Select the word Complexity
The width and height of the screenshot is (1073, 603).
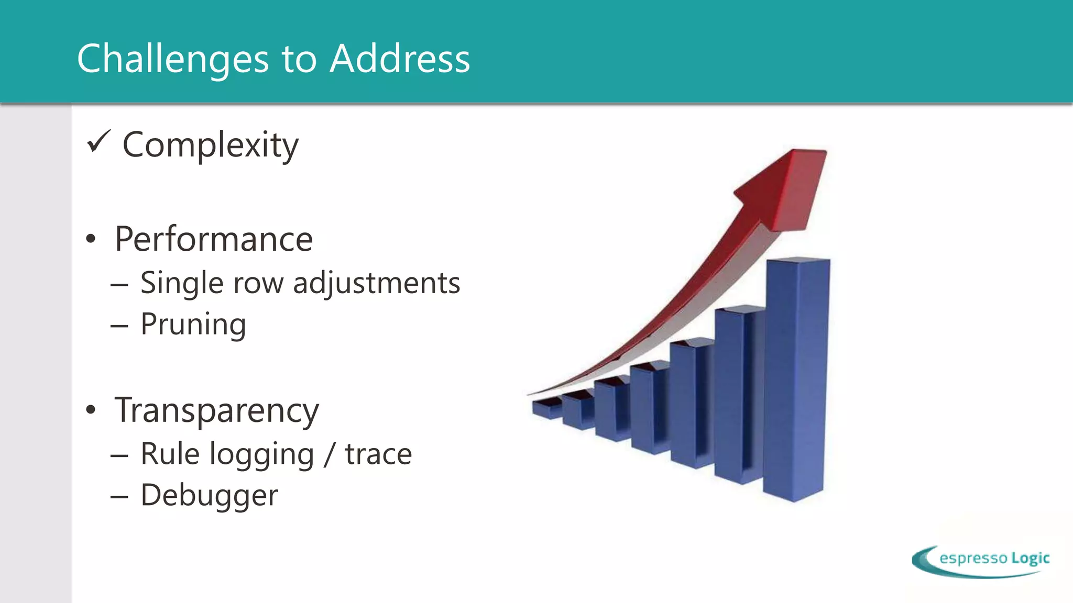(x=210, y=145)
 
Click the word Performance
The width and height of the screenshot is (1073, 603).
(x=214, y=239)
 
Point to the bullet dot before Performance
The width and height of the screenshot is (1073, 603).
(x=91, y=240)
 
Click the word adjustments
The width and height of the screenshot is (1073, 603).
(x=376, y=283)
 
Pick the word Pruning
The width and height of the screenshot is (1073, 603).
(x=193, y=325)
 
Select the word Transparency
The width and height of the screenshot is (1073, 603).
(x=216, y=410)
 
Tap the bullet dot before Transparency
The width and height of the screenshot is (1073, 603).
(x=91, y=410)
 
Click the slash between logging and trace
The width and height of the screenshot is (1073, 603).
(x=329, y=454)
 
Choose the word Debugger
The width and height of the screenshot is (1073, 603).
(x=210, y=495)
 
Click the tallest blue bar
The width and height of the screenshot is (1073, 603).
(x=795, y=377)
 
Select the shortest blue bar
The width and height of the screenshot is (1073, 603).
(x=546, y=409)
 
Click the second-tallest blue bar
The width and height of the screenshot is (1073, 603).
(x=737, y=393)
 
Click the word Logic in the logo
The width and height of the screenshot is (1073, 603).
(x=1030, y=558)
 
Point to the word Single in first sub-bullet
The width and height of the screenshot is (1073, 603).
(x=182, y=283)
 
